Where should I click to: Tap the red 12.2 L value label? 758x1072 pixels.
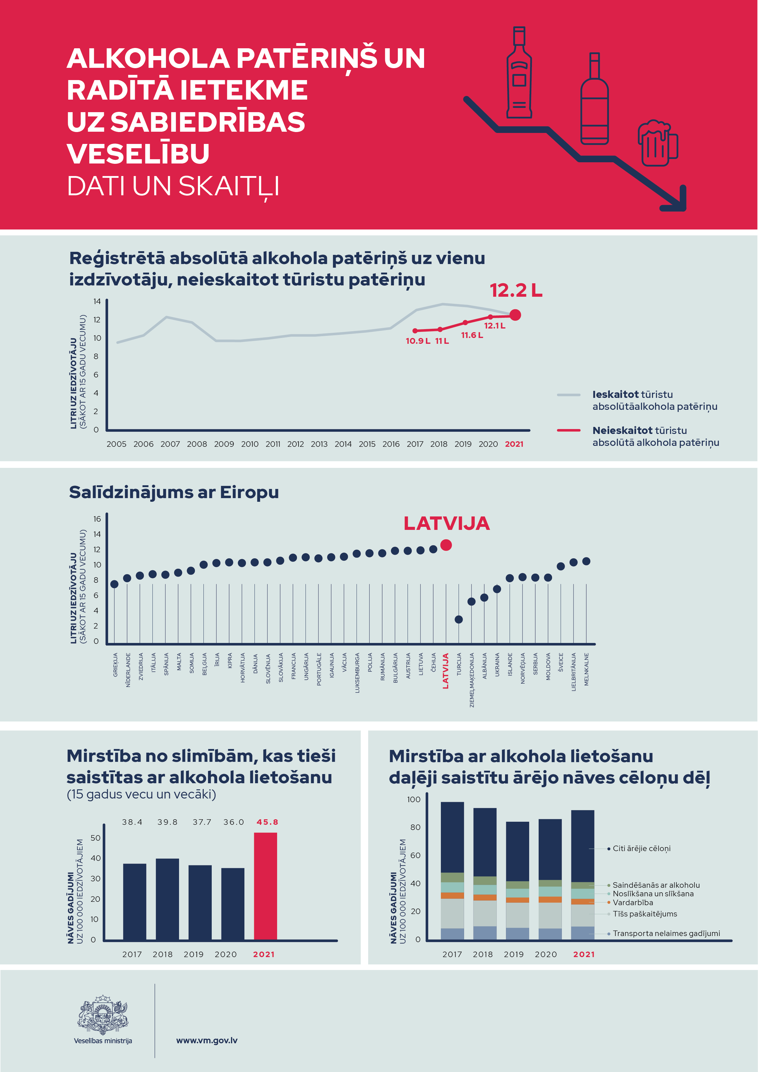tap(516, 290)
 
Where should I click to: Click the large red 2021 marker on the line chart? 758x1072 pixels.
tap(515, 315)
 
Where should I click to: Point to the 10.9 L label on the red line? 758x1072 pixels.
tap(417, 341)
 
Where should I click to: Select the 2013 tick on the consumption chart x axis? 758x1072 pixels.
tap(319, 444)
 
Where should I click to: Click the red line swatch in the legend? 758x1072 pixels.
tap(569, 430)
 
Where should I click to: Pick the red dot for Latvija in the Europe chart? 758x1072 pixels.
tap(446, 545)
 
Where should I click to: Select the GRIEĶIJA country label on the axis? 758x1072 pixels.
tap(115, 665)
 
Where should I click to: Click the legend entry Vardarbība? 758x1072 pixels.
tap(632, 902)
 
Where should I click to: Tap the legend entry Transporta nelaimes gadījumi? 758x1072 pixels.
tap(666, 933)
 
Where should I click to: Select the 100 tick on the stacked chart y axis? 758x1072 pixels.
tap(414, 799)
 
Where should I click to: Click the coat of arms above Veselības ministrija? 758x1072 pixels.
tap(103, 1014)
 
